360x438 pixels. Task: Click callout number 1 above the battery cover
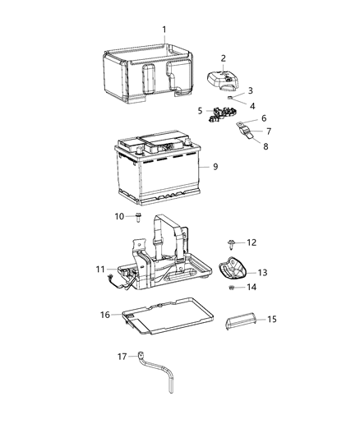point(164,30)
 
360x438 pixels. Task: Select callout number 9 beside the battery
point(216,166)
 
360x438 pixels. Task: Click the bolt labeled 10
point(140,218)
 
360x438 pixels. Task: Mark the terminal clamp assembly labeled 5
point(216,115)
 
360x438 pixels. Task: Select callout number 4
point(252,106)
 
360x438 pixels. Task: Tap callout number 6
point(263,118)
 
